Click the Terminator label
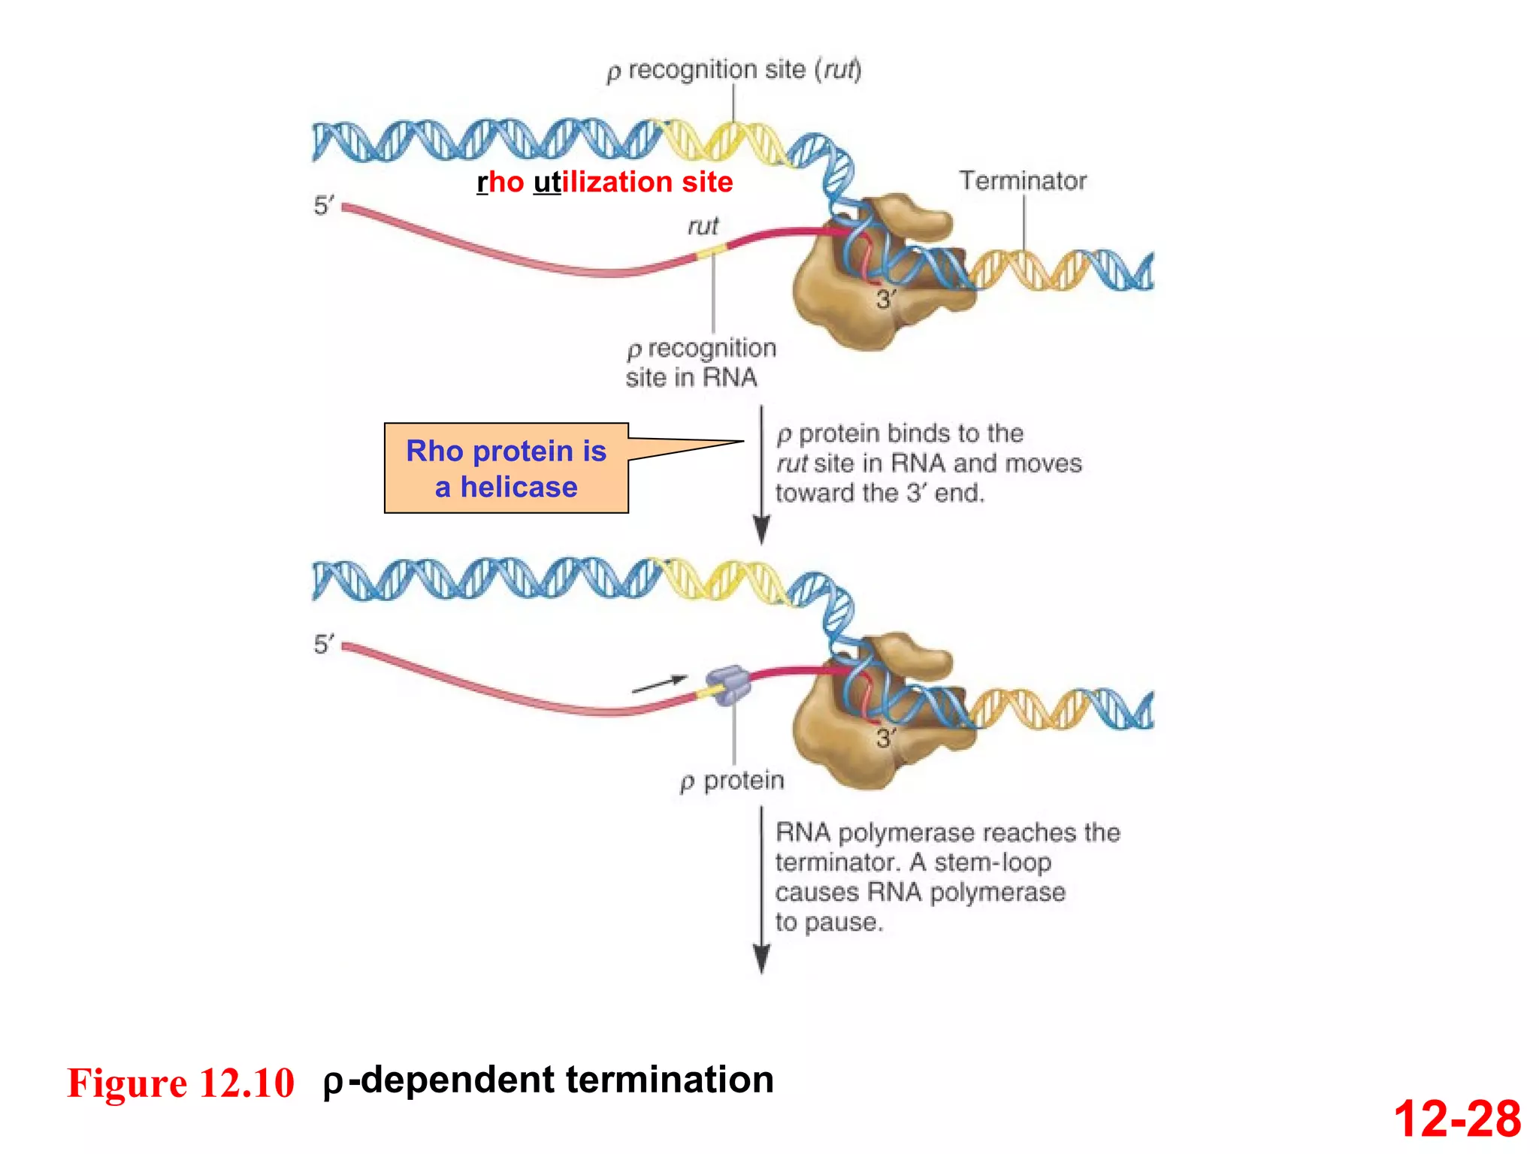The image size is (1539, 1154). coord(1022,181)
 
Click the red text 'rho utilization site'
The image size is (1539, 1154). coord(605,182)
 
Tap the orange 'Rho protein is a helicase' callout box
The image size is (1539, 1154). coord(506,468)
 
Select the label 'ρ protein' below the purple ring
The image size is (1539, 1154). coord(732,781)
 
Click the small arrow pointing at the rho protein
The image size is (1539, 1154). coord(659,684)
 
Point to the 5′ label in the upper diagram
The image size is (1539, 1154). coord(324,205)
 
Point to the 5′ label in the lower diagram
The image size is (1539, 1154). coord(324,644)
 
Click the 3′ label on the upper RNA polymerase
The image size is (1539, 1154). coord(886,300)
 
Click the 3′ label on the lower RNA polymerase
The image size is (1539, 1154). coord(886,738)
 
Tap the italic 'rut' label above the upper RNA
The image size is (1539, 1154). coord(703,226)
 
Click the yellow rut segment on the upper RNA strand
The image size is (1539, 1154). coord(710,253)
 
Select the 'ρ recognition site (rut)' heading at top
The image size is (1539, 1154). coord(733,70)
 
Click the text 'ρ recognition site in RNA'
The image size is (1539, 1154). coord(700,363)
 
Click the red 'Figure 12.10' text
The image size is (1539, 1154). coord(181,1083)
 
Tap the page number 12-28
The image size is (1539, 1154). coord(1456,1118)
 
